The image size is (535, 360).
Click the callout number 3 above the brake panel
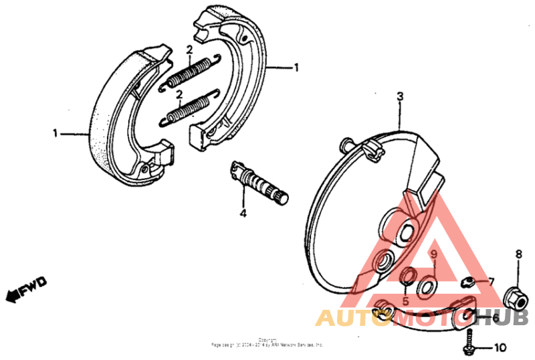400,96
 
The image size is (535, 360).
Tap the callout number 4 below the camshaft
243,213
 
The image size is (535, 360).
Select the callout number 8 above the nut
518,254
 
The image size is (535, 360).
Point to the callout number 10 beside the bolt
500,348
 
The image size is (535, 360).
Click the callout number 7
492,281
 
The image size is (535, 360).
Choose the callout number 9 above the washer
433,254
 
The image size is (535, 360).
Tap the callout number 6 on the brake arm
495,319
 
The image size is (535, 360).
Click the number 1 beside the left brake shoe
56,133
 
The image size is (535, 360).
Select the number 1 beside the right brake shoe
296,68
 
